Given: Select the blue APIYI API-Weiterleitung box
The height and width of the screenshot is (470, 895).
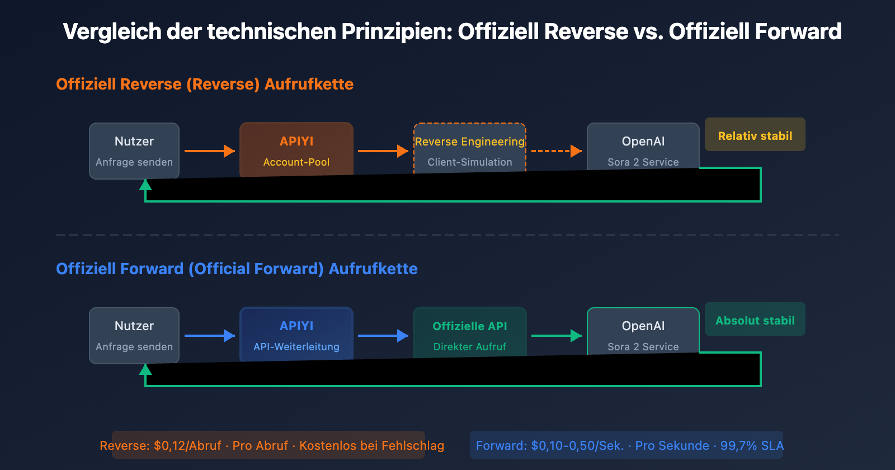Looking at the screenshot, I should [x=296, y=334].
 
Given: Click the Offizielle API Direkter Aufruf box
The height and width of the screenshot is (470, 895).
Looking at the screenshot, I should [x=470, y=332].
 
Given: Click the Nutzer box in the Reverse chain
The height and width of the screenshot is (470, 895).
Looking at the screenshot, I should [x=134, y=150].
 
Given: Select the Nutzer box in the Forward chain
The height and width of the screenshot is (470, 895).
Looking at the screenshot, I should [x=134, y=335].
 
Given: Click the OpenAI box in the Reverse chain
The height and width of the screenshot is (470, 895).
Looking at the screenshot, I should [x=643, y=147].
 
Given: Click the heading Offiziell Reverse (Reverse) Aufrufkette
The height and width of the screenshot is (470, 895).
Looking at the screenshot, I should [x=205, y=84].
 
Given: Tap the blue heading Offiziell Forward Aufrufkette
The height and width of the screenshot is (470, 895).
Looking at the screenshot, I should [x=237, y=269].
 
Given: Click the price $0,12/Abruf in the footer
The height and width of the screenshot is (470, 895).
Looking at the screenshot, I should [x=187, y=446].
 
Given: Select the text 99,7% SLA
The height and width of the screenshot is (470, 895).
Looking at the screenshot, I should [x=752, y=446].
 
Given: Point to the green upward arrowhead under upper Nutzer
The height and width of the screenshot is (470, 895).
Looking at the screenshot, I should [x=145, y=185].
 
